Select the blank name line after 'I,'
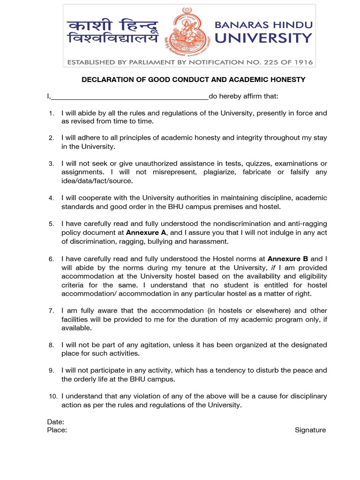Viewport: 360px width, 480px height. [x=130, y=97]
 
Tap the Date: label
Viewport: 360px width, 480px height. [x=55, y=422]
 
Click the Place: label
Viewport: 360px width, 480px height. [x=57, y=430]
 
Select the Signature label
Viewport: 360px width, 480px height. [x=310, y=430]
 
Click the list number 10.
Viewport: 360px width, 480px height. [x=53, y=397]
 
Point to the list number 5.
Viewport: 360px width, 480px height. [x=52, y=224]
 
